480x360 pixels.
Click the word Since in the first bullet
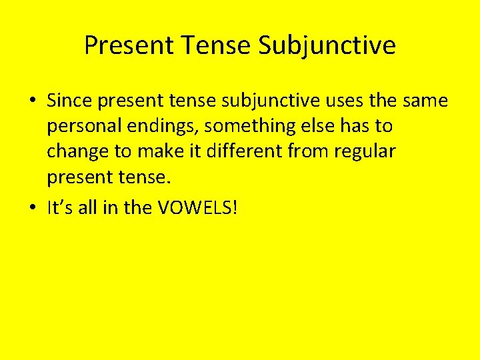pyautogui.click(x=69, y=101)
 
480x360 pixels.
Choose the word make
pyautogui.click(x=161, y=151)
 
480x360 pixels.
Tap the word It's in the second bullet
pyautogui.click(x=60, y=208)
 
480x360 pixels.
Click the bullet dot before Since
pyautogui.click(x=32, y=101)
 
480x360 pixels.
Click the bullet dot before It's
pyautogui.click(x=32, y=209)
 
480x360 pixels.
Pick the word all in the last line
pyautogui.click(x=88, y=208)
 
